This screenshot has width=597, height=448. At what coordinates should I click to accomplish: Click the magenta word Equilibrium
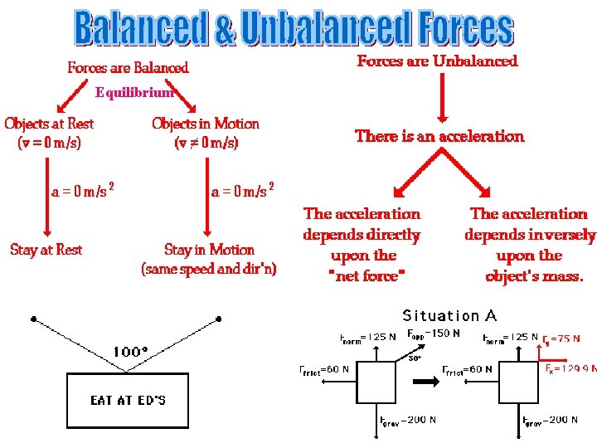pyautogui.click(x=134, y=93)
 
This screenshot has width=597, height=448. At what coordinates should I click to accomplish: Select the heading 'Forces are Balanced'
pyautogui.click(x=128, y=67)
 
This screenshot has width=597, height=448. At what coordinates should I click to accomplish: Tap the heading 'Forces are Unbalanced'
pyautogui.click(x=437, y=61)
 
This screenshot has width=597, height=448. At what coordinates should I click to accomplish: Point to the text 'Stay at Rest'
pyautogui.click(x=46, y=249)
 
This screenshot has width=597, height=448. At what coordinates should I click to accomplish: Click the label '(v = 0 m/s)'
pyautogui.click(x=49, y=142)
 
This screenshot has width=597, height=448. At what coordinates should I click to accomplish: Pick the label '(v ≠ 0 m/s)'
pyautogui.click(x=206, y=142)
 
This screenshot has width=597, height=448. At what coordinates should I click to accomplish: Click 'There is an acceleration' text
pyautogui.click(x=439, y=135)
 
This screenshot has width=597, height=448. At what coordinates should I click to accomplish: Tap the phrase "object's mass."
pyautogui.click(x=535, y=276)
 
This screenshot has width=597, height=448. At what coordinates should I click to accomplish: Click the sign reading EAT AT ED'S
pyautogui.click(x=128, y=400)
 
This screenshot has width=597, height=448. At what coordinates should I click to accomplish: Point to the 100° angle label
pyautogui.click(x=130, y=352)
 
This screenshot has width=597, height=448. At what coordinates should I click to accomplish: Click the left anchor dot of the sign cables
pyautogui.click(x=32, y=319)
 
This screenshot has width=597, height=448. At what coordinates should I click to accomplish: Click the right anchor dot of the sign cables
pyautogui.click(x=219, y=319)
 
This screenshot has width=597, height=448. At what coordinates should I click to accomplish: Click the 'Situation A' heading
pyautogui.click(x=449, y=315)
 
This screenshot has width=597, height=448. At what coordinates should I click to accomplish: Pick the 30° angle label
pyautogui.click(x=414, y=359)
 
